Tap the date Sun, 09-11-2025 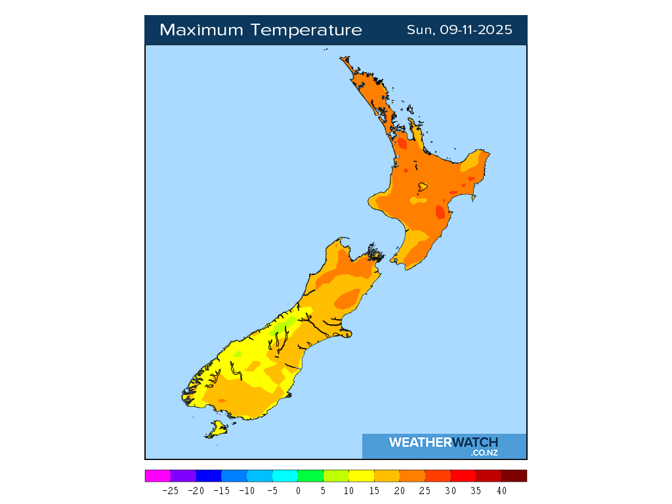coord(459,30)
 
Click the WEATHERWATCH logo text coord(444,442)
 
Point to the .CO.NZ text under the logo coord(484,453)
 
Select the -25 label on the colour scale coord(170,490)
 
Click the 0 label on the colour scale coord(297,490)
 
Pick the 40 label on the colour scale coord(501,490)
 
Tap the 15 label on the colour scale coord(374,490)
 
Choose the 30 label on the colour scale coord(450,490)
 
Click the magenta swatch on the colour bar coord(157,476)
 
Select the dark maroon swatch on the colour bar coord(514,476)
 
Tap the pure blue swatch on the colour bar coord(209,476)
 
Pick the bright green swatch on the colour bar coord(310,476)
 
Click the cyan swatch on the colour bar coord(285,476)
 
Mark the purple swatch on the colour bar coord(183,476)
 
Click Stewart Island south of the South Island coord(217,430)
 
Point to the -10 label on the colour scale coord(247,490)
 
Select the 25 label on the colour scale coord(425,490)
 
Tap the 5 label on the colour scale coord(323,490)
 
